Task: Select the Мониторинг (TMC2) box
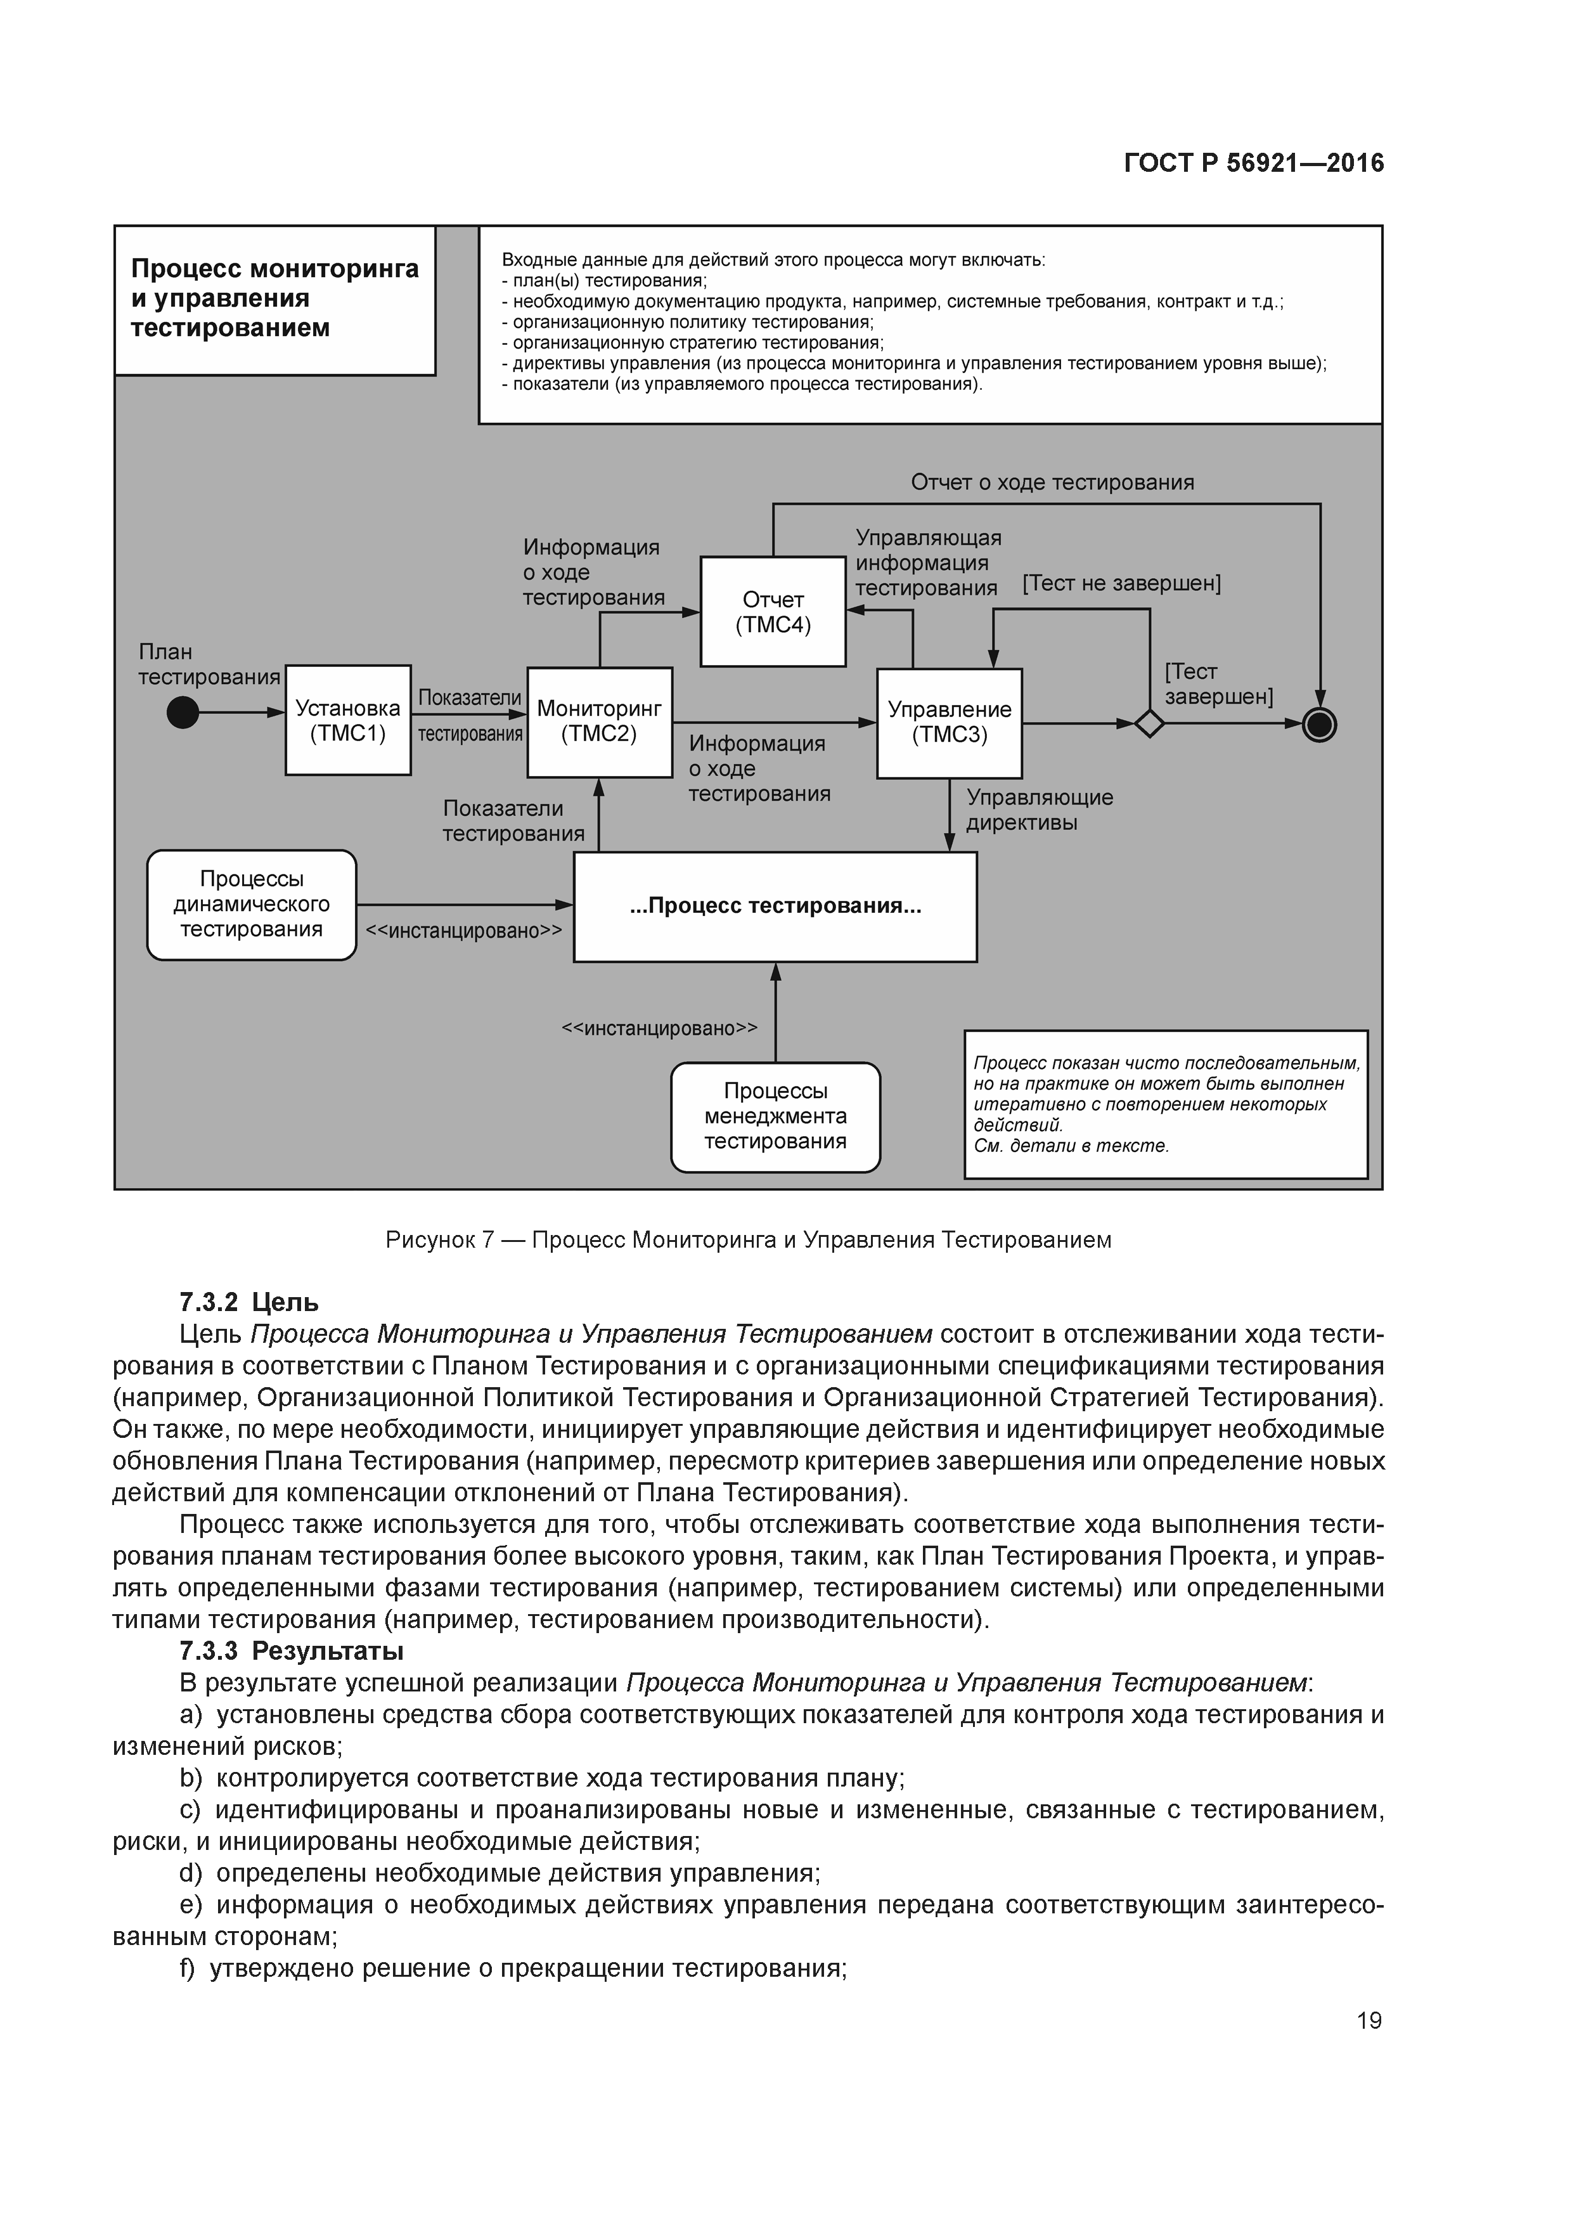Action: (600, 721)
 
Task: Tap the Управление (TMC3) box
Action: (949, 723)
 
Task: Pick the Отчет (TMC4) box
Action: (773, 611)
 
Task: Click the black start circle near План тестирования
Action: (183, 713)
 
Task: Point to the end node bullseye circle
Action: (1319, 723)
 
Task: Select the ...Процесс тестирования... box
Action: (775, 907)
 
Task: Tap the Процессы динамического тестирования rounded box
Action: (252, 905)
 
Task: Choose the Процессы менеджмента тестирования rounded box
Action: (775, 1117)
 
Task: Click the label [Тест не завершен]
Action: (1121, 583)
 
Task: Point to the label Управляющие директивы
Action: (1040, 810)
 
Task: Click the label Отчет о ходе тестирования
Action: (1052, 482)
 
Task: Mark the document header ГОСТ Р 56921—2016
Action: (1253, 163)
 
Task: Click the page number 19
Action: (1369, 2020)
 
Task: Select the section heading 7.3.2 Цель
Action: (249, 1302)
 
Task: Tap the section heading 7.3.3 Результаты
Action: (290, 1650)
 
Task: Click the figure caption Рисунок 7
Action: (748, 1240)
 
